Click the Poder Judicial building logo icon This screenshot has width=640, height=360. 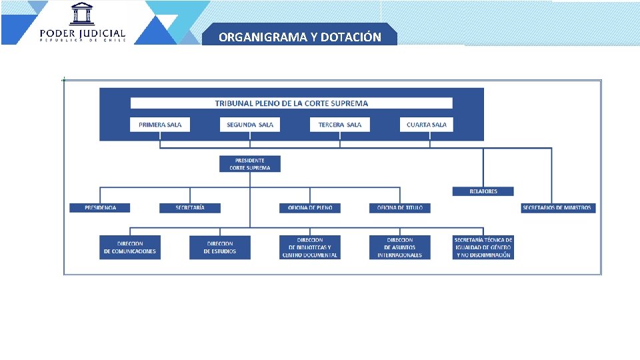click(82, 14)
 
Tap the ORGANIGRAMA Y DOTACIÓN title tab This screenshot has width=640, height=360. click(299, 37)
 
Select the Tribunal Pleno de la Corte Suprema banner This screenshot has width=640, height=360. click(291, 103)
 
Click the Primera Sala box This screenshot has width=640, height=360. click(160, 125)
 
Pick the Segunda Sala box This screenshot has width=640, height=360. click(250, 125)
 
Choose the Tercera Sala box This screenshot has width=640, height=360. click(339, 125)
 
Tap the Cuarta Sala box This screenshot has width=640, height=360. click(427, 125)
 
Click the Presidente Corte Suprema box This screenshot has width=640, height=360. click(250, 164)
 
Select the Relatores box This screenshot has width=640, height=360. click(483, 191)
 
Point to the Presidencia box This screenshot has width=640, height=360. click(100, 208)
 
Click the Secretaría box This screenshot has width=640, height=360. click(190, 208)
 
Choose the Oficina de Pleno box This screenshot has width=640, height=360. click(310, 208)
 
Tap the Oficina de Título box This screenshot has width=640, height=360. click(400, 208)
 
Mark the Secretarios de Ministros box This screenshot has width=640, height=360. click(558, 208)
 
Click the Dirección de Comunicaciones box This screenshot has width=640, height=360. click(130, 247)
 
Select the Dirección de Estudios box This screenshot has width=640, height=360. click(220, 247)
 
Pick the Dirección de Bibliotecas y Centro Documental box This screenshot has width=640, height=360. click(310, 247)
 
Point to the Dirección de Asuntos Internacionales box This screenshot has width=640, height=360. click(400, 247)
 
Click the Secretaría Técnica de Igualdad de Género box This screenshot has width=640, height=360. click(483, 247)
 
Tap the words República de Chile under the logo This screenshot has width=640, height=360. click(82, 40)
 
